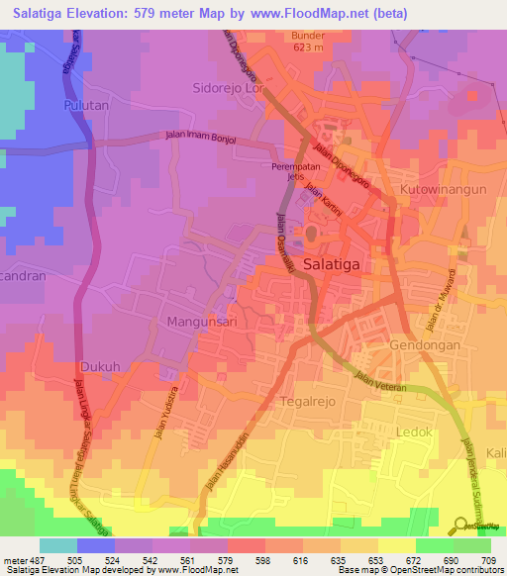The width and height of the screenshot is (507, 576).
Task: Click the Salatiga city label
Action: [339, 264]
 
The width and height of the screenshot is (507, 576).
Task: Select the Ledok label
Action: [417, 433]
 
